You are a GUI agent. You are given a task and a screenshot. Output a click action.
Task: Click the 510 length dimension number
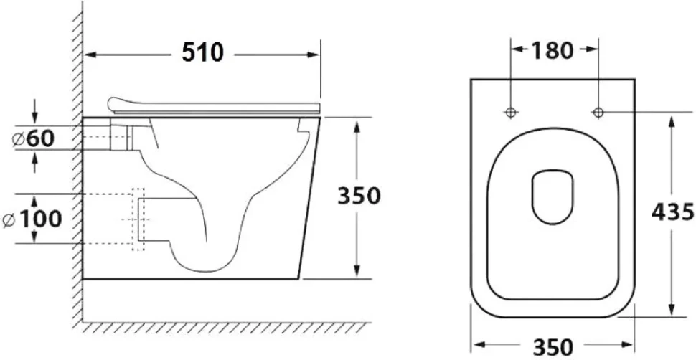203,52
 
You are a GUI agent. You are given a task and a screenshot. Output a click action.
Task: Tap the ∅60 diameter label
34,139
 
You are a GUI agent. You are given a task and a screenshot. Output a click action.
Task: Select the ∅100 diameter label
32,219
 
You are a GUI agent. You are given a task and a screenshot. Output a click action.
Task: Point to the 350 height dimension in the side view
359,196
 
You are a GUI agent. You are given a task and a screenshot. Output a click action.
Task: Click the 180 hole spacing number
552,50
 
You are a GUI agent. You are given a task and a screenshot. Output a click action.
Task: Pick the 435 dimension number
672,212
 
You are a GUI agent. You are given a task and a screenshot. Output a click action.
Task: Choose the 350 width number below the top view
552,346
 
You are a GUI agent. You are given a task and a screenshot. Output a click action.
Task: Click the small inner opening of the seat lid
552,196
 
